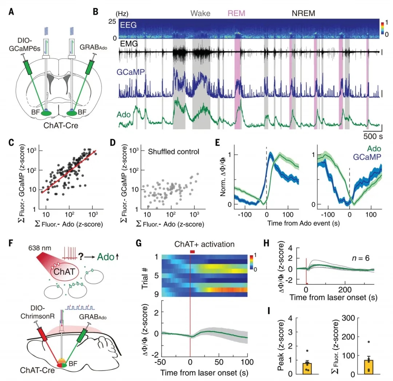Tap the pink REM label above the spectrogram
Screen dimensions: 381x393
[x=237, y=14]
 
